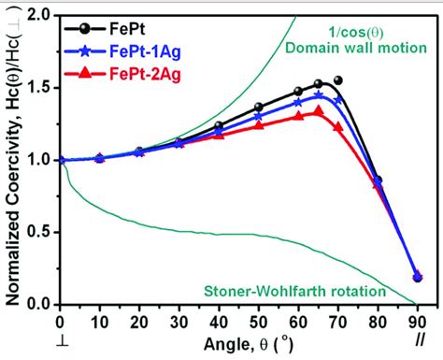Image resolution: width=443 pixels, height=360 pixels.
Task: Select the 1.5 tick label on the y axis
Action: pyautogui.click(x=37, y=88)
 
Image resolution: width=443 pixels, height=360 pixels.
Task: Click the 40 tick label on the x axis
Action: pyautogui.click(x=219, y=321)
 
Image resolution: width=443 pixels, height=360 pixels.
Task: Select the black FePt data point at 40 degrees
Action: pyautogui.click(x=219, y=125)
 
